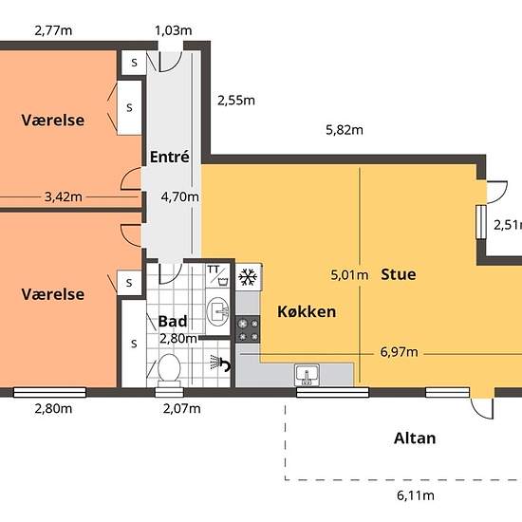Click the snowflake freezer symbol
[248, 277]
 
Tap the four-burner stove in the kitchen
[248, 329]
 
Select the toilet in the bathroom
[169, 370]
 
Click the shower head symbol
[220, 363]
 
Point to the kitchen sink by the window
[307, 375]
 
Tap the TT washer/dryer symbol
[217, 276]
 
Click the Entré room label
[170, 157]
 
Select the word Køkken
[307, 312]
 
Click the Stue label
[399, 274]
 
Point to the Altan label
[415, 438]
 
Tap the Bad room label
[173, 321]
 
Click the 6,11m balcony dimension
[416, 495]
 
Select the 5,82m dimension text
[345, 130]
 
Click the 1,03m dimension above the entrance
[173, 30]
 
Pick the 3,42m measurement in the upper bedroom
[64, 197]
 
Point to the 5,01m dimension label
[349, 275]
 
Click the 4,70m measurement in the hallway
[179, 197]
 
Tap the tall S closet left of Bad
[134, 344]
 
